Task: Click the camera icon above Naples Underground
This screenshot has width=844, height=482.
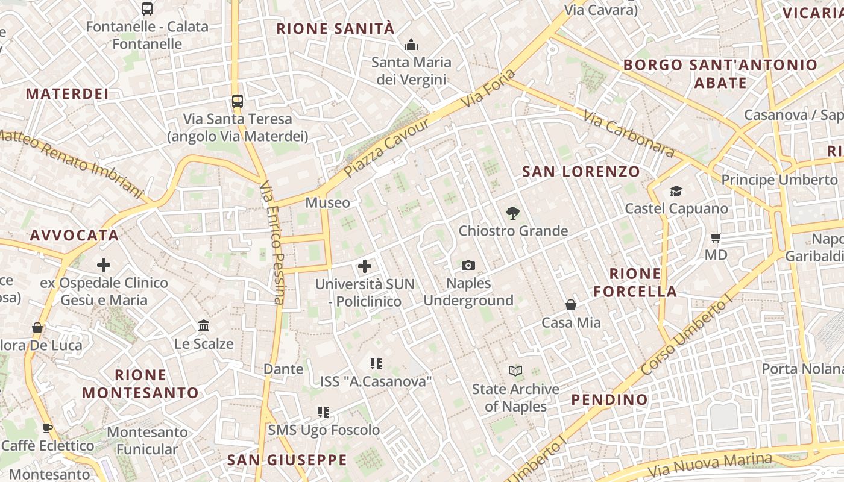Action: (468, 265)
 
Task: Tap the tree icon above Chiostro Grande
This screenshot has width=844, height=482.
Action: (513, 213)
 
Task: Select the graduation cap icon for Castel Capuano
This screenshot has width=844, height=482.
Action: (676, 191)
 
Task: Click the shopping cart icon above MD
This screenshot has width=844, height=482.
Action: (716, 237)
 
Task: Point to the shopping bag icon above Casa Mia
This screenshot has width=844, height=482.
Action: (570, 305)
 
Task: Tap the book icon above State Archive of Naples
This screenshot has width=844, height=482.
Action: (515, 371)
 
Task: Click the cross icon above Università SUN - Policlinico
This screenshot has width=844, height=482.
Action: (365, 266)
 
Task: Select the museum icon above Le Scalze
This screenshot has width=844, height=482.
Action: (204, 325)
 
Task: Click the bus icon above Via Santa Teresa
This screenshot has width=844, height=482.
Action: (238, 101)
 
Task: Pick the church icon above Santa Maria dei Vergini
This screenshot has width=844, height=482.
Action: (411, 45)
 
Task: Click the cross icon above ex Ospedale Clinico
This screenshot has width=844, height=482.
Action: (104, 264)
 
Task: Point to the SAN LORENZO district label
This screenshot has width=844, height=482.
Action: (581, 172)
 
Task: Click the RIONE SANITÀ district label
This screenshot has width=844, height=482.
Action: (335, 28)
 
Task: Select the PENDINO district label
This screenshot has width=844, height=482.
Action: (609, 399)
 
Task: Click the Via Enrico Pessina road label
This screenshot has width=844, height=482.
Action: (272, 242)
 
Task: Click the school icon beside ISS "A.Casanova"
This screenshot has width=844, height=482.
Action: (376, 363)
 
